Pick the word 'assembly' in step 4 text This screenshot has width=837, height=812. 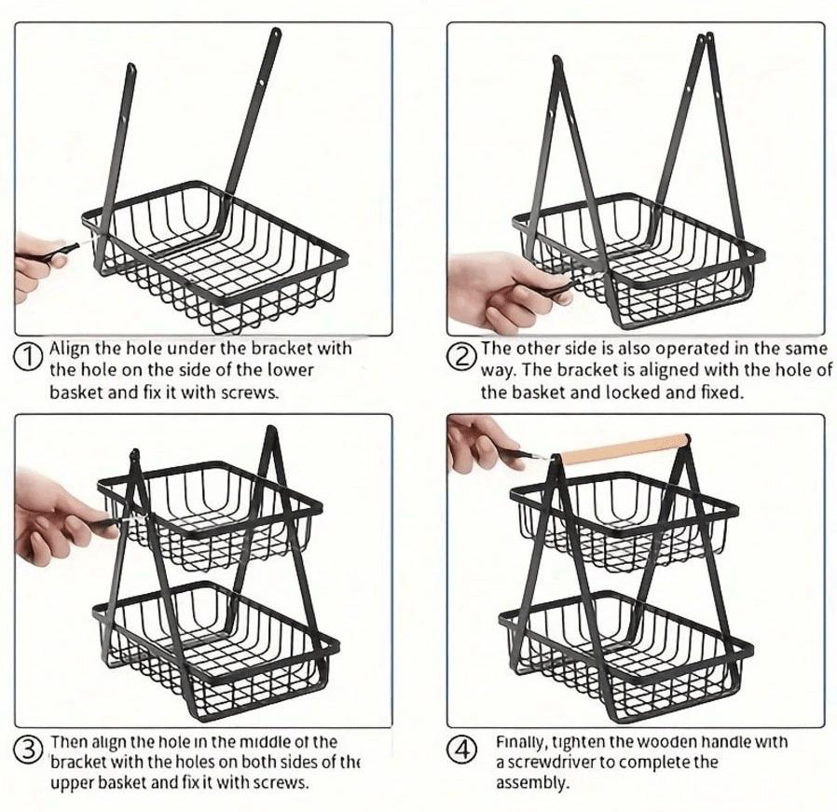(531, 783)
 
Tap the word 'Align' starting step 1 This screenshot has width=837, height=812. (67, 349)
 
